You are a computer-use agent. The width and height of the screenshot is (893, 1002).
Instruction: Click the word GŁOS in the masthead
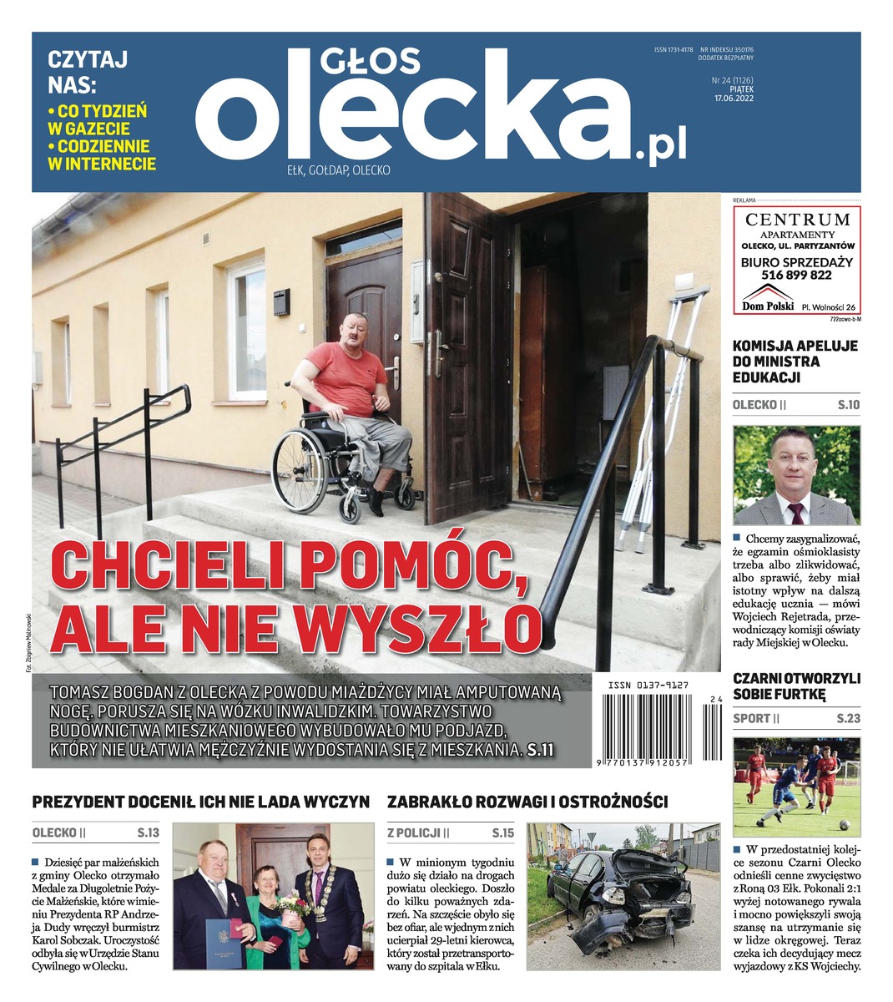tap(370, 63)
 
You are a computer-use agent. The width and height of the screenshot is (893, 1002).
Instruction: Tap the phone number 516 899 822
tap(796, 275)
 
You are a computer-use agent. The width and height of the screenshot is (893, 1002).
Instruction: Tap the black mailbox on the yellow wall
tap(282, 297)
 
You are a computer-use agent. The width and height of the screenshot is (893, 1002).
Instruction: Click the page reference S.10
tap(848, 405)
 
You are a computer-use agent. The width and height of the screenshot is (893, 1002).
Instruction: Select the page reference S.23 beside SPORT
tap(848, 718)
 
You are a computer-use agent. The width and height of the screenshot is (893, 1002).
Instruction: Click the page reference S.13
tap(148, 832)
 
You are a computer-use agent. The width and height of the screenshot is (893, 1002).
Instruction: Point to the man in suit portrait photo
tap(795, 474)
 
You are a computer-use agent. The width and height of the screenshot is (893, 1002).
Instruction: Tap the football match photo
tap(795, 786)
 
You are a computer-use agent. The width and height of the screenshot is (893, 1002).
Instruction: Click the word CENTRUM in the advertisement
tap(797, 220)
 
